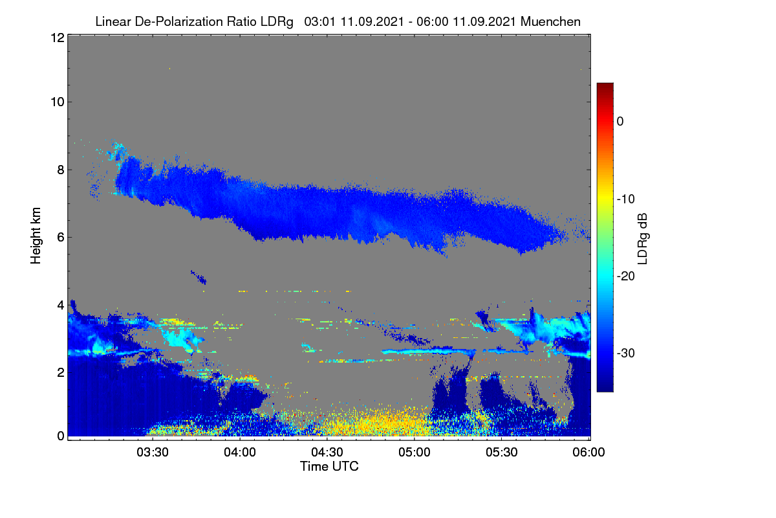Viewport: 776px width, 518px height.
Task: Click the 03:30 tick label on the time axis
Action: coord(153,453)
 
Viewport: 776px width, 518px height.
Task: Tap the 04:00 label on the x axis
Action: coord(240,453)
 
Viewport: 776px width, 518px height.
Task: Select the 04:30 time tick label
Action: coord(327,453)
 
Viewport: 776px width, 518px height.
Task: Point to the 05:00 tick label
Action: coord(415,453)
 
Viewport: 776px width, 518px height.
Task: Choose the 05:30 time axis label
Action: coord(502,453)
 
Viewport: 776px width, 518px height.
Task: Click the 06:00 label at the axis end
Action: coord(588,453)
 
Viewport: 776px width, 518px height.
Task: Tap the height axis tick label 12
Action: coord(58,38)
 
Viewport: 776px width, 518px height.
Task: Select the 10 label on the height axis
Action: coord(58,102)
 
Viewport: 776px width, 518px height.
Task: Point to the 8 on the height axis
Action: coord(61,170)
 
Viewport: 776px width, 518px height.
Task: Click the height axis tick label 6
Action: coord(61,238)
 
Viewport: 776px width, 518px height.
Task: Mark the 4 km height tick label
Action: coord(61,306)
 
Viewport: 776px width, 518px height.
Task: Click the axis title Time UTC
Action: coord(329,466)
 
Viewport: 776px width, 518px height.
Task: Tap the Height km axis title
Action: coord(36,236)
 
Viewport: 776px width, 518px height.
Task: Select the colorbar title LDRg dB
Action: coord(643,239)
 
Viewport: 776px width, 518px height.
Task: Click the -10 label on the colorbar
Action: coord(626,199)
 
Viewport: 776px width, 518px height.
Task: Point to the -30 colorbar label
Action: coord(626,353)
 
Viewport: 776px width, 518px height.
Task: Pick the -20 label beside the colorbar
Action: coord(626,276)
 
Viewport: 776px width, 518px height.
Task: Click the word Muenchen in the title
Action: coord(550,21)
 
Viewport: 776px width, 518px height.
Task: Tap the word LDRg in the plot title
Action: coord(277,22)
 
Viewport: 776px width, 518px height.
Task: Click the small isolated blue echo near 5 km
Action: coord(199,277)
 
